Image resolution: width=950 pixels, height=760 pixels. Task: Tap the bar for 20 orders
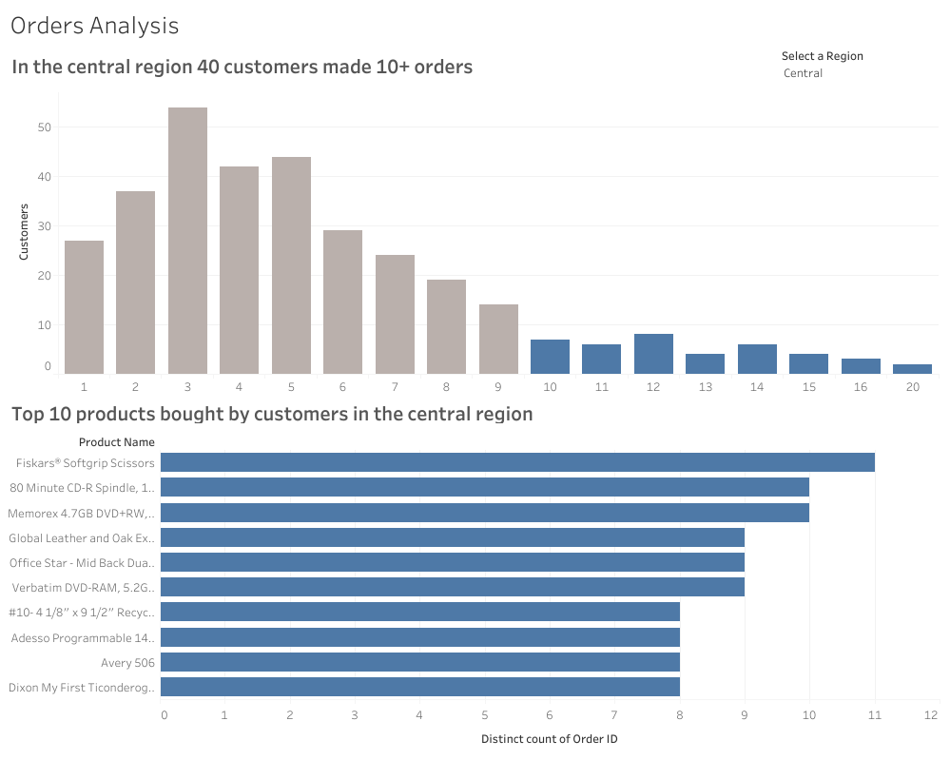click(912, 369)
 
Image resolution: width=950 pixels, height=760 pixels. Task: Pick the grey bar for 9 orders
click(498, 339)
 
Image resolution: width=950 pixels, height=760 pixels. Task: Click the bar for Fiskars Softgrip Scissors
click(517, 462)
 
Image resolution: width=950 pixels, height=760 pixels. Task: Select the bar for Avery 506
click(419, 662)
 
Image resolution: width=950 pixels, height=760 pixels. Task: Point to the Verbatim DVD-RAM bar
click(452, 587)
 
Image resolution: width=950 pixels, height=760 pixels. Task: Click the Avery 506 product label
click(127, 662)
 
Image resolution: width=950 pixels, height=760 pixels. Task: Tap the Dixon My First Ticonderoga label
click(81, 687)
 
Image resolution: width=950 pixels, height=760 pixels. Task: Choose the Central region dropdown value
click(804, 73)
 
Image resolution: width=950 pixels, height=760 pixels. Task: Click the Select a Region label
click(822, 56)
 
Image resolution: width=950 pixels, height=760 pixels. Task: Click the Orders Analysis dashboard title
click(94, 26)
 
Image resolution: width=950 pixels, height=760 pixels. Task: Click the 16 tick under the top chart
click(860, 387)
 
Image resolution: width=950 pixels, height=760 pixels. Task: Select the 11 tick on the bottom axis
click(874, 713)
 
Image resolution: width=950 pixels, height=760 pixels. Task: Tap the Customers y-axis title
click(25, 231)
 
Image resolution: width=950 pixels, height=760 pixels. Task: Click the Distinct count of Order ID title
click(550, 739)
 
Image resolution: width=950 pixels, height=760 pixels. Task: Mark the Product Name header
click(116, 441)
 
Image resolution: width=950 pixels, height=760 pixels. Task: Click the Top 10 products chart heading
click(272, 414)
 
